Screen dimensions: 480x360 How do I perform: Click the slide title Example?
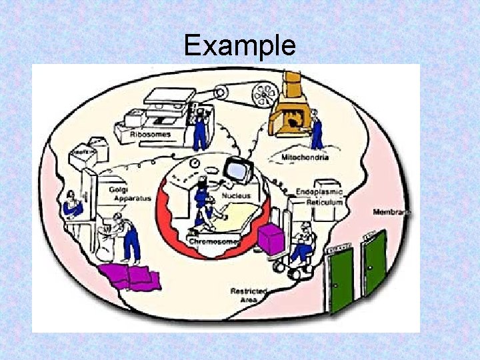pyautogui.click(x=239, y=45)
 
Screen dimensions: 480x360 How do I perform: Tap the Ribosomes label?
pyautogui.click(x=150, y=134)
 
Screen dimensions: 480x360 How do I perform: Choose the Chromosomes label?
pyautogui.click(x=213, y=241)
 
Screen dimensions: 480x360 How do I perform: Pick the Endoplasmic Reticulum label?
pyautogui.click(x=319, y=197)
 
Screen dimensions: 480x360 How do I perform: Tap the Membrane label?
pyautogui.click(x=391, y=211)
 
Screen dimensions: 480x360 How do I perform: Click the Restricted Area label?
pyautogui.click(x=249, y=295)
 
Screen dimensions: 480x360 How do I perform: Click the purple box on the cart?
pyautogui.click(x=271, y=239)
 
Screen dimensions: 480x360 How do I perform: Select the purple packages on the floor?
pyautogui.click(x=131, y=275)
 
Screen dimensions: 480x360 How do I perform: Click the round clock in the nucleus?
pyautogui.click(x=194, y=163)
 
